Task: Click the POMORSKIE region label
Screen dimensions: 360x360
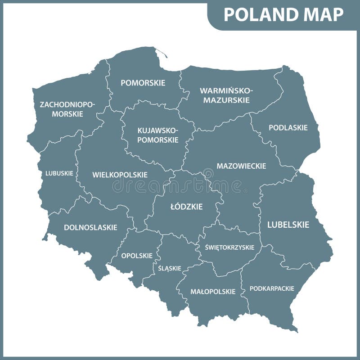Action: coord(143,83)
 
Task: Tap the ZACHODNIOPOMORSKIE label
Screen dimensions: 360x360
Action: coord(67,109)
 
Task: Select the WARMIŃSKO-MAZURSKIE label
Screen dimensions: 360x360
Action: coord(226,95)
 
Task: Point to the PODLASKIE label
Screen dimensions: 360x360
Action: coord(288,128)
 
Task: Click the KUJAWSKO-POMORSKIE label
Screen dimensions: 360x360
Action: coord(157,135)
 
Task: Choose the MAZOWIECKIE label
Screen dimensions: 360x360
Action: coord(241,166)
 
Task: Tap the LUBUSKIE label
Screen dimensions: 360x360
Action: coord(59,173)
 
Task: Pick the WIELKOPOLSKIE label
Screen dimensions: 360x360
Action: coord(120,175)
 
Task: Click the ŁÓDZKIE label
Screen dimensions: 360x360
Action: coord(186,207)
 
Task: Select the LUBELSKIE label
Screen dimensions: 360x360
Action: coord(288,225)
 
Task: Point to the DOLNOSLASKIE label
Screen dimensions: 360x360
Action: coord(90,228)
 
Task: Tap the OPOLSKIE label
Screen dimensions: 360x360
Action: coord(137,256)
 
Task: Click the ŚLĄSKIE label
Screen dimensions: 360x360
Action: coord(170,268)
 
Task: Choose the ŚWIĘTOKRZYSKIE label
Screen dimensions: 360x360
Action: coord(229,247)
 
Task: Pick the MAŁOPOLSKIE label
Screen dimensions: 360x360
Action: coord(213,292)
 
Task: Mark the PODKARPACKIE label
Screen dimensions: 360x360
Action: coord(272,288)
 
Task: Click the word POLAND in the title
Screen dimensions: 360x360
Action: coord(256,14)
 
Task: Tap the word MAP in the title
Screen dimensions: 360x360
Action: coord(322,14)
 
